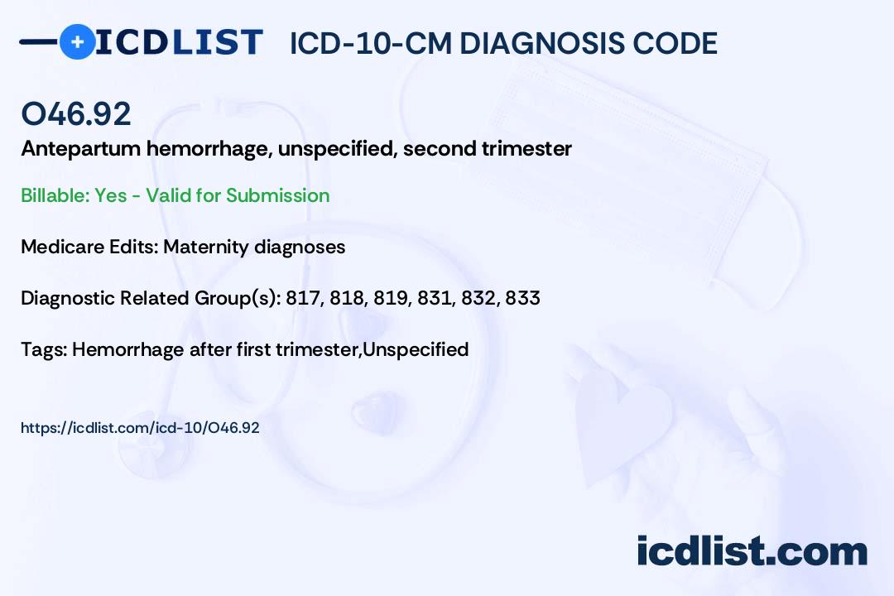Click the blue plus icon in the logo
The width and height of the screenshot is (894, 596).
tap(77, 41)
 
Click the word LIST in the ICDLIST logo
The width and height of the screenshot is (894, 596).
tap(217, 42)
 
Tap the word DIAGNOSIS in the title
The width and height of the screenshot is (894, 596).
tap(534, 43)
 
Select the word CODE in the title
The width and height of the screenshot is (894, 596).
tap(667, 43)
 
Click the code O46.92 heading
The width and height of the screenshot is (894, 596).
tap(76, 113)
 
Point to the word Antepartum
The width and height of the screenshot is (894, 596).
tap(80, 149)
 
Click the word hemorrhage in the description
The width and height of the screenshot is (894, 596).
tap(209, 149)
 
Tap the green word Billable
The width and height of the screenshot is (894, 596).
tap(55, 195)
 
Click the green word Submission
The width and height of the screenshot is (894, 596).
tap(277, 195)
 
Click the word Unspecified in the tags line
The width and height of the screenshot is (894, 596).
tap(416, 349)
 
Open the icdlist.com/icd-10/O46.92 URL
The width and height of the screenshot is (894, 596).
tap(140, 428)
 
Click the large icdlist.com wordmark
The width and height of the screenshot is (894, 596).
tap(752, 551)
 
